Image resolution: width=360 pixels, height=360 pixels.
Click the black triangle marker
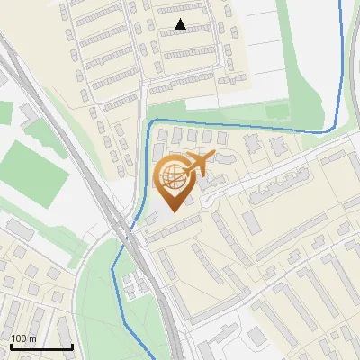coord(181,24)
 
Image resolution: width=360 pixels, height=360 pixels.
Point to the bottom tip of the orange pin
coord(173,211)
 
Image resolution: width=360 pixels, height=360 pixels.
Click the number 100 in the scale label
coord(19,337)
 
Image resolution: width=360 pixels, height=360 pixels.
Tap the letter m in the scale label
coord(32,337)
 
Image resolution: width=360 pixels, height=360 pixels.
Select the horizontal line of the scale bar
coord(40,346)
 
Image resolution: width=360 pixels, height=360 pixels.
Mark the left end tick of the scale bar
coord(10,345)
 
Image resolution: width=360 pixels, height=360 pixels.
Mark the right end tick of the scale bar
coord(72,345)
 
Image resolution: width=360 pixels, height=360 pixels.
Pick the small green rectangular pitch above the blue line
coord(276,112)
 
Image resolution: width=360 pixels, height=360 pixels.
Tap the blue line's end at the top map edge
coord(339,2)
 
